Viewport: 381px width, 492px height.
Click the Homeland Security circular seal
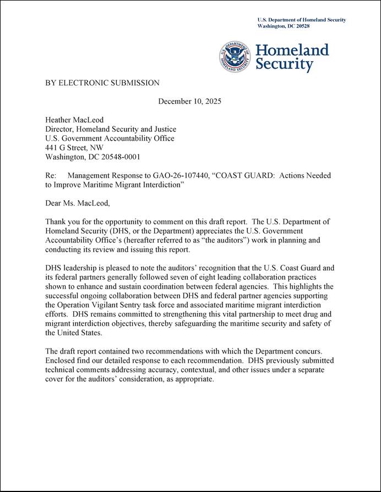tap(236, 57)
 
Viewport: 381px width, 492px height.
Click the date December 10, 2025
tap(189, 101)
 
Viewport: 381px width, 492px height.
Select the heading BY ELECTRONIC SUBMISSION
tap(102, 83)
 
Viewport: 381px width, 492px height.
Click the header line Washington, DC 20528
tap(284, 26)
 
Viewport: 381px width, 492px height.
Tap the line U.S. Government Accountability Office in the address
tap(110, 139)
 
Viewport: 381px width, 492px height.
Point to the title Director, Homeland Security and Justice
tap(111, 129)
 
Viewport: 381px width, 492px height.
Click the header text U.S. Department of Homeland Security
tap(302, 20)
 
